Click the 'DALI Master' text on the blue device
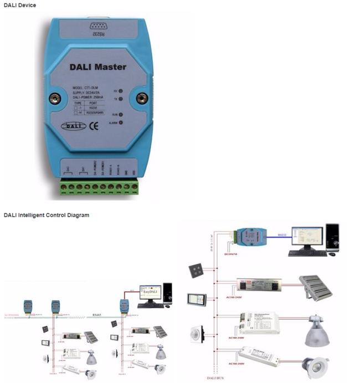[97, 67]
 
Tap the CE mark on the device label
[94, 125]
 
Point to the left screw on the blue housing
[54, 99]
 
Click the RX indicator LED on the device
[120, 91]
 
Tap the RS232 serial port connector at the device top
[99, 27]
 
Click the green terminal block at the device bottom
[99, 187]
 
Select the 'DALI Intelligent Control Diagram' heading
[46, 215]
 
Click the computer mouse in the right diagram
[332, 254]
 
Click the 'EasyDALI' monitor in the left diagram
[150, 293]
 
